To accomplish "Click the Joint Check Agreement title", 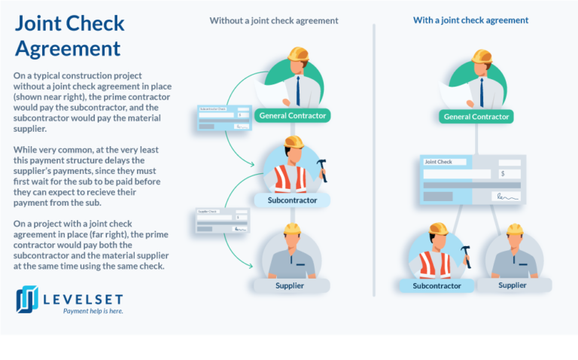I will [x=69, y=35].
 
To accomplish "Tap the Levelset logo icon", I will [x=28, y=299].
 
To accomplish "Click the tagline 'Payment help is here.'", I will [x=93, y=310].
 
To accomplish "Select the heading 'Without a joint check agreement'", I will [x=274, y=20].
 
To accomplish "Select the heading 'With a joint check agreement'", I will [x=470, y=20].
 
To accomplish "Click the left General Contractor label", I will [x=292, y=115].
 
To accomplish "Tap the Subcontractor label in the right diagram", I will [x=437, y=285].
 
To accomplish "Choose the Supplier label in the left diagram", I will [x=290, y=285].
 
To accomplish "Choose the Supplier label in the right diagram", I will [x=513, y=285].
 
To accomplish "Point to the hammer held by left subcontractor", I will [x=322, y=167].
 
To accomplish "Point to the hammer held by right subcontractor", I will [x=466, y=253].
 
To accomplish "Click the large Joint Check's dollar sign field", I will [x=509, y=174].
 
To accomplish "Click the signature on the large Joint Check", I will [x=506, y=197].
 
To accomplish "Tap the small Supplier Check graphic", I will [x=222, y=221].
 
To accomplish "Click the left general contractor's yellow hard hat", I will [x=299, y=53].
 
